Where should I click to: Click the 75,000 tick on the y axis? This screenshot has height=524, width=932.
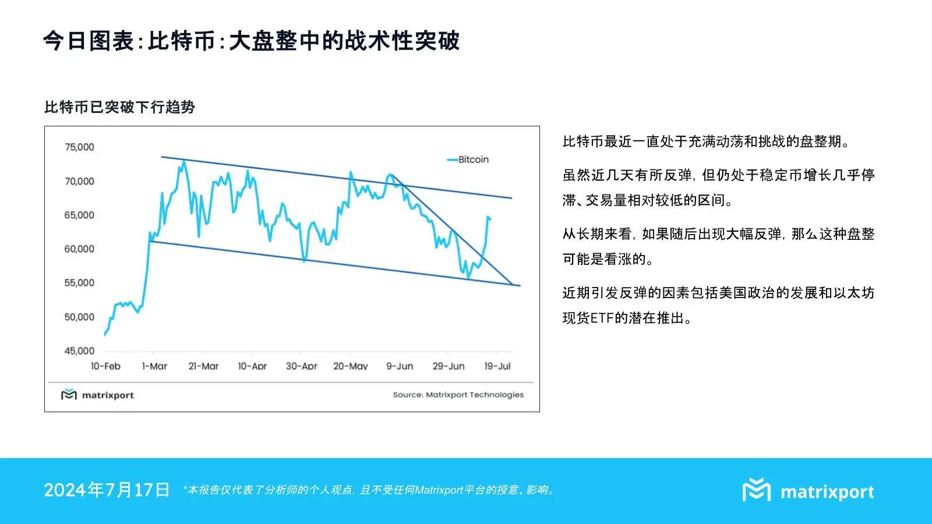click(79, 147)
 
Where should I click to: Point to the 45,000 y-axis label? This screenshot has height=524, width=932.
click(79, 351)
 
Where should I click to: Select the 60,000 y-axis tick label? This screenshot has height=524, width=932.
click(79, 249)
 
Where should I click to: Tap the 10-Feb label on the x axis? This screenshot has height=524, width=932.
click(105, 366)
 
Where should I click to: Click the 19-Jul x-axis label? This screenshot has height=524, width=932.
click(497, 366)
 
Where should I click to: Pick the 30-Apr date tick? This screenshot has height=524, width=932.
click(301, 366)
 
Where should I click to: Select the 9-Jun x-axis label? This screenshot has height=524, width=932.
click(400, 366)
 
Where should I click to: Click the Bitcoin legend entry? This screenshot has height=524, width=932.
click(468, 160)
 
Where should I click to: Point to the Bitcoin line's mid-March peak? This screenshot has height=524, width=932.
click(184, 161)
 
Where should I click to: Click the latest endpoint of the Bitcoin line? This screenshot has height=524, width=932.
click(490, 219)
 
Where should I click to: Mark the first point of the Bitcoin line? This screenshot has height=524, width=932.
click(105, 335)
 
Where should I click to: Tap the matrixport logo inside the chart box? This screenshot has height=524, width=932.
click(97, 395)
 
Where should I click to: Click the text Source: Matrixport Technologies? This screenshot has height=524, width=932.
click(458, 395)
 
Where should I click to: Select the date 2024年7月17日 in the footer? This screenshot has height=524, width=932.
click(107, 490)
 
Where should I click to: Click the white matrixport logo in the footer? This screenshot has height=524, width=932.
click(808, 491)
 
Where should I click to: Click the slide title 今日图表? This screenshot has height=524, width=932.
click(89, 41)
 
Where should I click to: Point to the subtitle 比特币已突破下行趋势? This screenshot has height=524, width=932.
click(119, 107)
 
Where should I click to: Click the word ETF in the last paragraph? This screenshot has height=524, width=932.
click(602, 318)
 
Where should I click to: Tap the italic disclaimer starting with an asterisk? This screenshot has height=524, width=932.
click(369, 490)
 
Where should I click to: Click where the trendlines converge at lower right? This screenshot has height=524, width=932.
click(513, 285)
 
